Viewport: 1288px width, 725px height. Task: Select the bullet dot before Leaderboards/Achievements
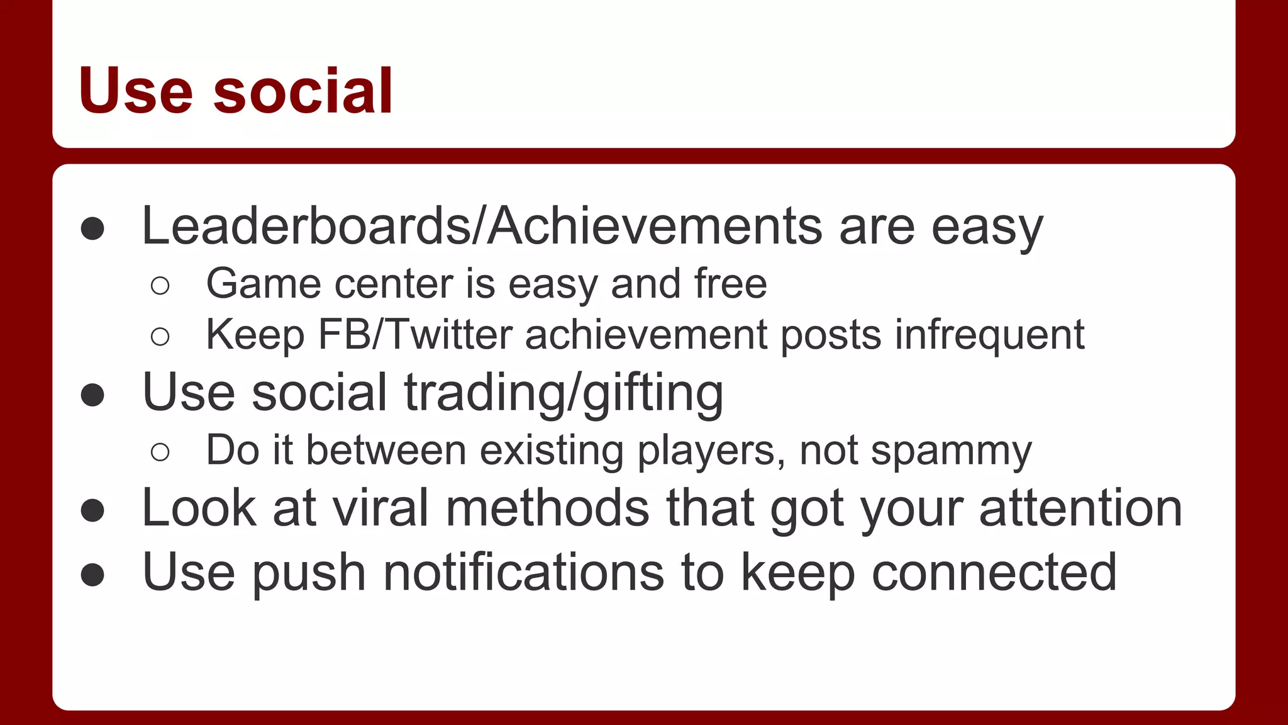coord(92,228)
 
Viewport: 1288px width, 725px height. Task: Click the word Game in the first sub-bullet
coord(264,284)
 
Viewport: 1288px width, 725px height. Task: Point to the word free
coord(731,284)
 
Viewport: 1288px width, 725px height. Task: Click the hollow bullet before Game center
coord(160,286)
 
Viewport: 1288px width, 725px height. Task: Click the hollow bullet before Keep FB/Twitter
coord(160,337)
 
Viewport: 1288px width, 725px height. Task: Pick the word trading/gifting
coord(563,393)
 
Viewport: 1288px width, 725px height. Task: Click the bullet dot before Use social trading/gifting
coord(92,395)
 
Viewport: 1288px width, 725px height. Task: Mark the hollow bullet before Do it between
coord(160,452)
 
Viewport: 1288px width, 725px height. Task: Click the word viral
coord(380,508)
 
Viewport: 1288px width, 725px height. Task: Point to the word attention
coord(1080,508)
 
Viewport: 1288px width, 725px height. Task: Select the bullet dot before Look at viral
coord(92,510)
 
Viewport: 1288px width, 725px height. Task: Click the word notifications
coord(523,572)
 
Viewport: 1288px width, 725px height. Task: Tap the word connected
coord(994,572)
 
